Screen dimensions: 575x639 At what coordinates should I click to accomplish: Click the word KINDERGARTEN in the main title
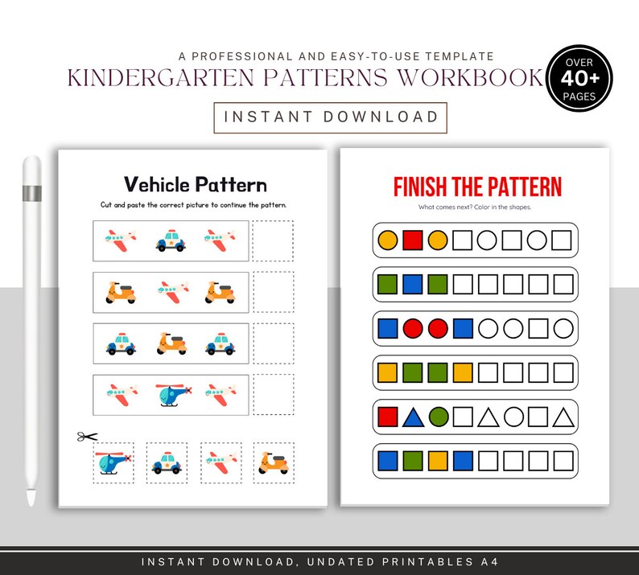point(144,79)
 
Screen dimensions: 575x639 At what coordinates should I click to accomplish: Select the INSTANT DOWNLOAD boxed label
point(331,117)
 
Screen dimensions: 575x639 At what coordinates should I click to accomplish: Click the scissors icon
point(87,437)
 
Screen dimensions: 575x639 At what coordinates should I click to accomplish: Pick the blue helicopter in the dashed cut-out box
point(113,462)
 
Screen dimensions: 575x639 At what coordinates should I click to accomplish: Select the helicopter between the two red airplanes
point(171,393)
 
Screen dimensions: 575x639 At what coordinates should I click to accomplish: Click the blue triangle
point(413,417)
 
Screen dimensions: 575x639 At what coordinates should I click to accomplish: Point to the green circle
point(439,417)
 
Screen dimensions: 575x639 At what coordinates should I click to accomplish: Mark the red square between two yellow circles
point(413,240)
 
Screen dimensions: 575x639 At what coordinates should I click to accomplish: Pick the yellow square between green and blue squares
point(439,461)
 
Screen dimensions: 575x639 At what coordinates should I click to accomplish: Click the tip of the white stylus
point(31,502)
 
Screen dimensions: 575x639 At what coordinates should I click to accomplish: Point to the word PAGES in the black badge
point(579,97)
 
